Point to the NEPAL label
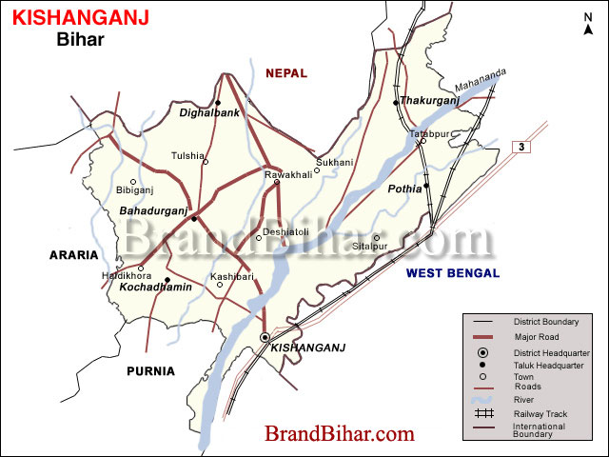tap(286, 73)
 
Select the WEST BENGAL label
tap(452, 273)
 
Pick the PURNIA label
tap(151, 371)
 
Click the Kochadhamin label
tap(156, 287)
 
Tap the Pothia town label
tap(404, 189)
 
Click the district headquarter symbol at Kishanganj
tap(265, 338)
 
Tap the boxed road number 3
tap(521, 147)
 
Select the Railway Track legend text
tap(540, 414)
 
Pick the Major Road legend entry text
tap(536, 337)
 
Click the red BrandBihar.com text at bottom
tap(340, 434)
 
